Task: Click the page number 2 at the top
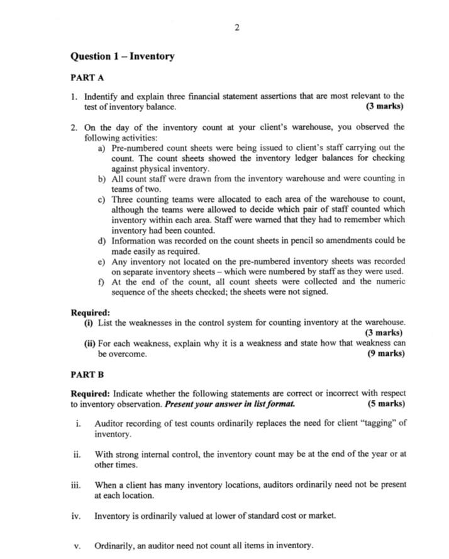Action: (x=236, y=27)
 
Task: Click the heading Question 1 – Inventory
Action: (x=123, y=57)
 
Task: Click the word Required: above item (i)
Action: (x=91, y=313)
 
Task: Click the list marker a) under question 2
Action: (x=101, y=148)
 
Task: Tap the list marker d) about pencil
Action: (x=101, y=240)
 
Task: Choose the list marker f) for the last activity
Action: (x=101, y=281)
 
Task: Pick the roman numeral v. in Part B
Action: (x=77, y=545)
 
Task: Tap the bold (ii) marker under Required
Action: (x=90, y=343)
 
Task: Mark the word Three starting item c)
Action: (x=123, y=199)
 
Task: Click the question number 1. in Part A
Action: (x=74, y=96)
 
